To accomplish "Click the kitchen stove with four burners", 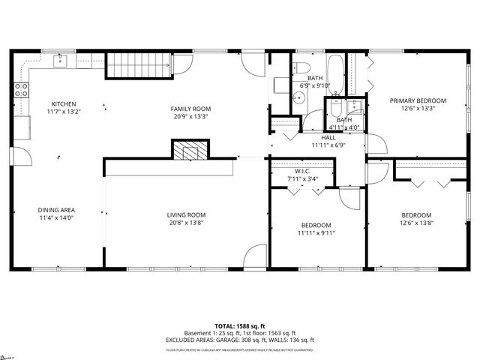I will pos(22,90).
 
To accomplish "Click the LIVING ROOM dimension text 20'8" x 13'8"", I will pos(186,223).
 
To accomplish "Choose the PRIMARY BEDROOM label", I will pos(417,100).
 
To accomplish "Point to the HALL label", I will pos(328,137).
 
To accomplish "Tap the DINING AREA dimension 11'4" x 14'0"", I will pos(57,217).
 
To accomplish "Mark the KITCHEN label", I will pos(63,103).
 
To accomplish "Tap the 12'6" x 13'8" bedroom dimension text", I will pos(415,223).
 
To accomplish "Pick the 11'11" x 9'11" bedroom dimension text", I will pos(317,232).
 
